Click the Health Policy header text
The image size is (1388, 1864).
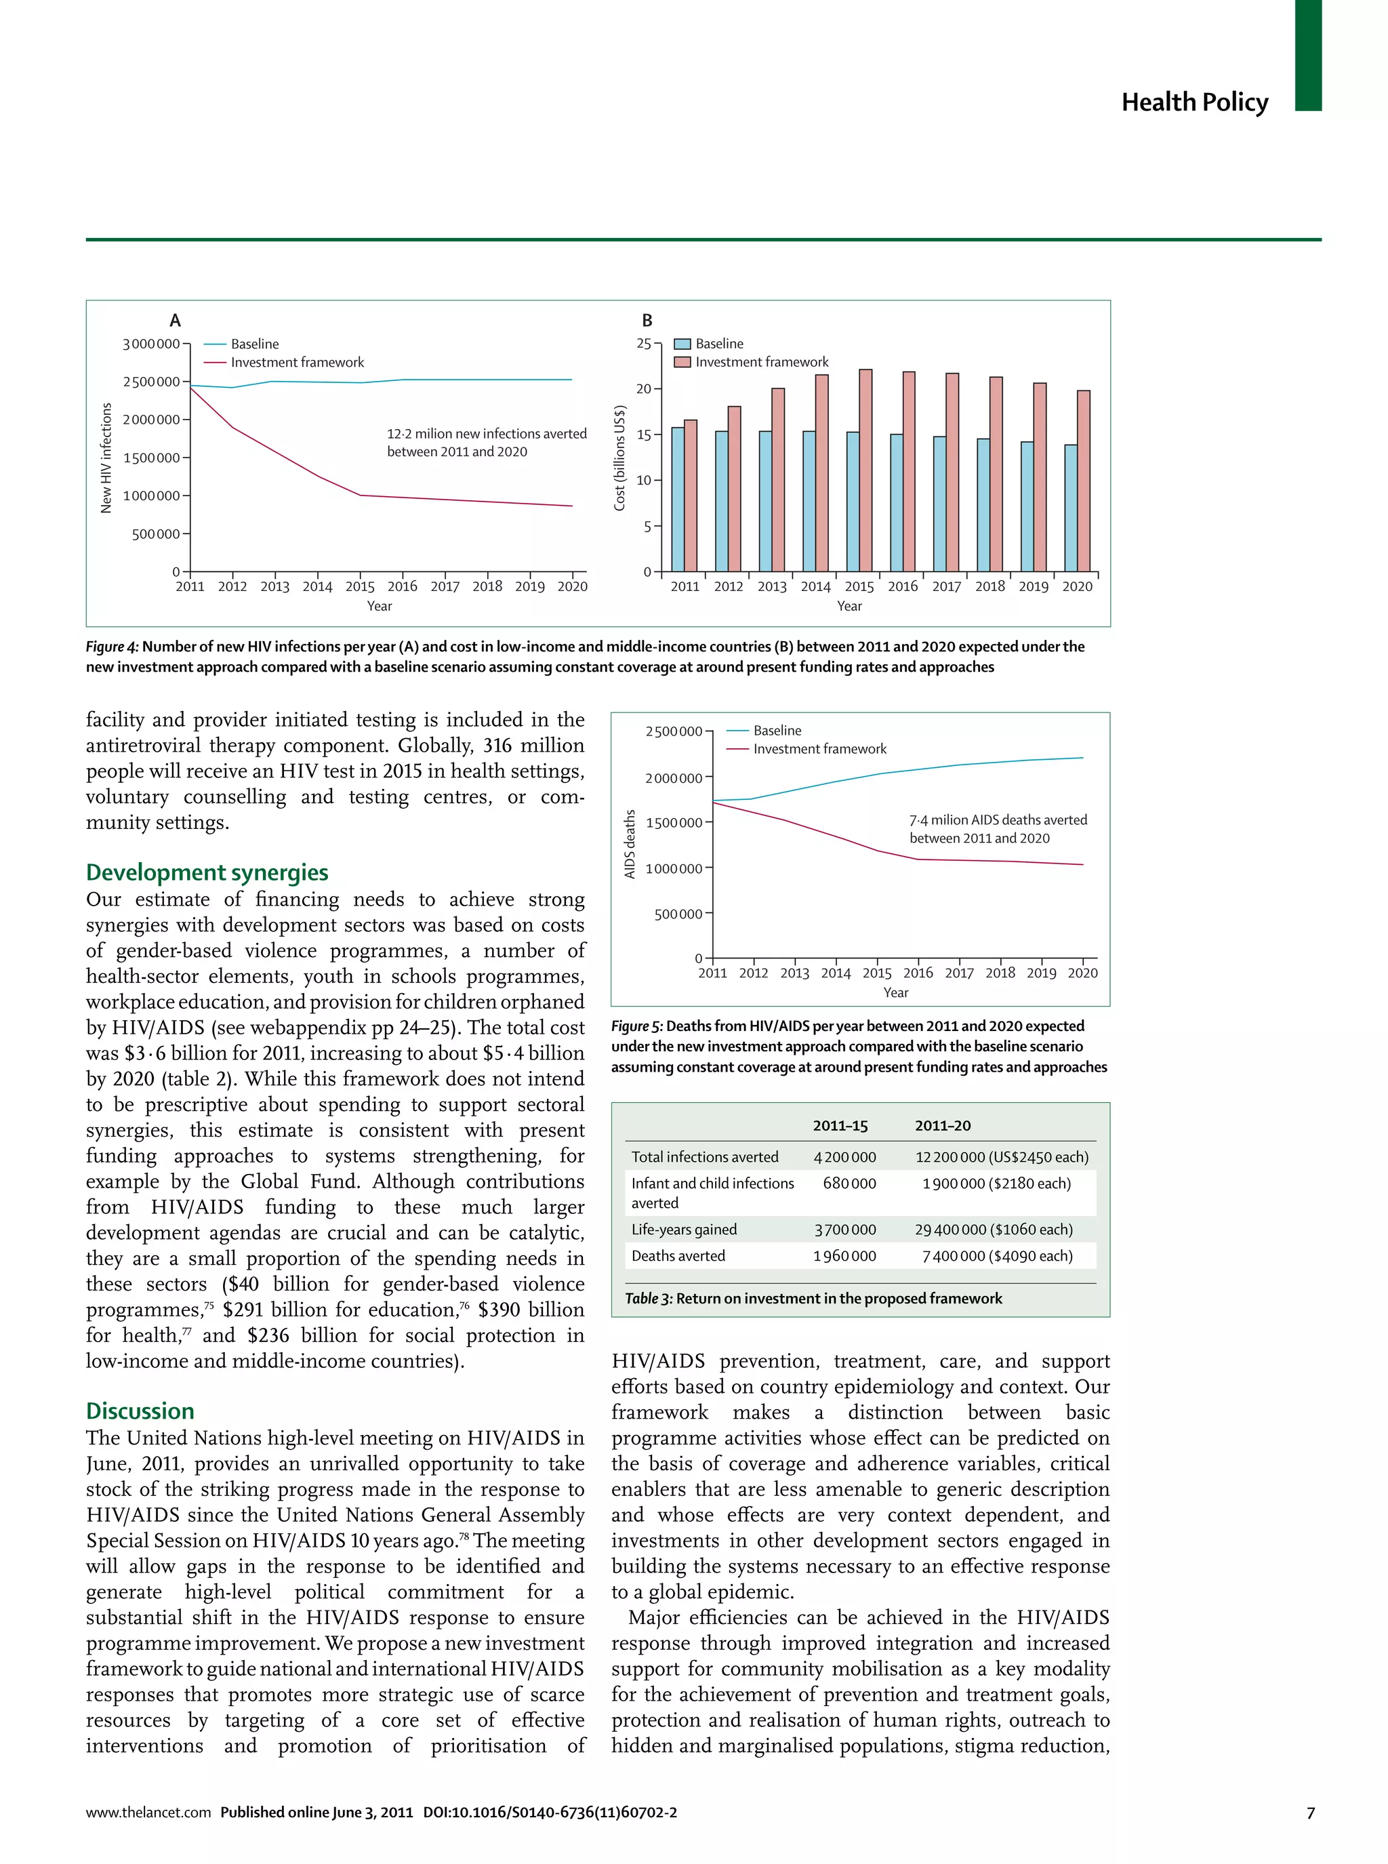click(1194, 102)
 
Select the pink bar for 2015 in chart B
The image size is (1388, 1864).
click(865, 470)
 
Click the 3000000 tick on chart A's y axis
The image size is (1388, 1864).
click(151, 344)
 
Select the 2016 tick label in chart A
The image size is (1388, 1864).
click(403, 586)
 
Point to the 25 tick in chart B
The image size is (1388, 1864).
click(644, 343)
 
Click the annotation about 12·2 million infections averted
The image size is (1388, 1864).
click(486, 443)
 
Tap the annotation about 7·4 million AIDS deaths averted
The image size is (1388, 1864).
click(998, 828)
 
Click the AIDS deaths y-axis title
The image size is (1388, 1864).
click(630, 844)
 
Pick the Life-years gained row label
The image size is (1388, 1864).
click(684, 1230)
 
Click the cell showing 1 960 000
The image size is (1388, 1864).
click(844, 1255)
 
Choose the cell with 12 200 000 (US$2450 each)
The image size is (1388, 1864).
click(1002, 1157)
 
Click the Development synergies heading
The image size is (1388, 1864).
click(207, 872)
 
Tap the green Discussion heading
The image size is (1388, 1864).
click(140, 1411)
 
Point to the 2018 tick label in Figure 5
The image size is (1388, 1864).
click(1000, 973)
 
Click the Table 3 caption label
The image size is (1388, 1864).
click(648, 1299)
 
